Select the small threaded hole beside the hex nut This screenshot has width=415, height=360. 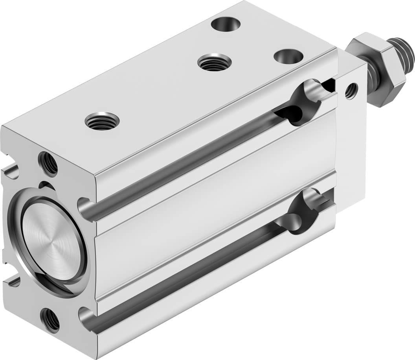351,90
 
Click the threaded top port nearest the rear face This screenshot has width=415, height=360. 102,121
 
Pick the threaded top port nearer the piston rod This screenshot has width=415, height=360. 214,62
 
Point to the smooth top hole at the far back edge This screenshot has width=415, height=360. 226,24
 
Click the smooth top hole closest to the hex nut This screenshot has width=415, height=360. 288,56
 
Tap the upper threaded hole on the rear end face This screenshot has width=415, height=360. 48,163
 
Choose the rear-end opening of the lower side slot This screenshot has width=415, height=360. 85,315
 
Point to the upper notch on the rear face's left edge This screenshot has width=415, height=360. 11,172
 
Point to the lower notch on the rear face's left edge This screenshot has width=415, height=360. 12,281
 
